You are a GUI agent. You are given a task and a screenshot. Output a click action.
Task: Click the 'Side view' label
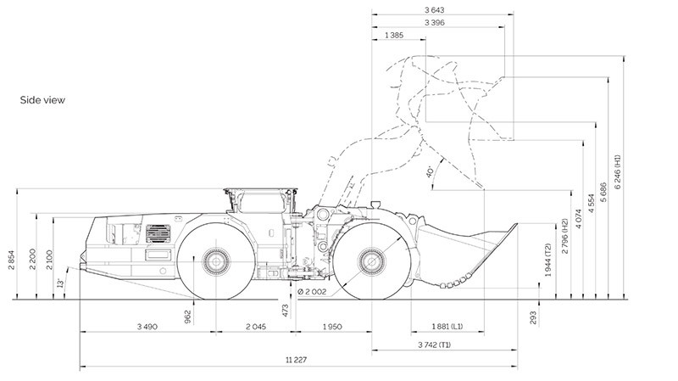pyautogui.click(x=42, y=100)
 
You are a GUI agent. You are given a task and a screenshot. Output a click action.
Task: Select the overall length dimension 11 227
pyautogui.click(x=296, y=360)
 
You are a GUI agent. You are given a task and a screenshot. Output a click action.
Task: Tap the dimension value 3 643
pyautogui.click(x=434, y=10)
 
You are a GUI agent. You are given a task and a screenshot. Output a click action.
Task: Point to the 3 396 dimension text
pyautogui.click(x=434, y=23)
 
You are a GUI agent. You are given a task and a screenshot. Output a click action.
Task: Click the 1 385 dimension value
pyautogui.click(x=394, y=36)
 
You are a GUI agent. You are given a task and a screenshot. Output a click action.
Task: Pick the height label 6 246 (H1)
pyautogui.click(x=617, y=171)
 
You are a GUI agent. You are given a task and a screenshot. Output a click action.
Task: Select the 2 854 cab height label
pyautogui.click(x=12, y=260)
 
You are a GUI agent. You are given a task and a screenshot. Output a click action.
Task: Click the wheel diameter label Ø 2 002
pyautogui.click(x=312, y=292)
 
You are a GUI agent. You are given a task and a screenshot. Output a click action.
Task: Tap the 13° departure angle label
pyautogui.click(x=61, y=283)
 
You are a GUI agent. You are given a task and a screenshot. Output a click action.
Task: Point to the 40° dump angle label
pyautogui.click(x=430, y=171)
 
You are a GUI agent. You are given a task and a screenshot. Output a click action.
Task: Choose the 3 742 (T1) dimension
pyautogui.click(x=434, y=345)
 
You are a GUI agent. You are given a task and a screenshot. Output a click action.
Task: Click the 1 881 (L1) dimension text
pyautogui.click(x=447, y=327)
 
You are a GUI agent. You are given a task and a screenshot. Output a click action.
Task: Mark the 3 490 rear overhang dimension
pyautogui.click(x=147, y=327)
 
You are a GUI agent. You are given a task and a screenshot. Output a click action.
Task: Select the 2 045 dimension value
pyautogui.click(x=256, y=327)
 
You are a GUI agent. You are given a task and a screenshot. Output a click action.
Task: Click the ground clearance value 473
pyautogui.click(x=285, y=311)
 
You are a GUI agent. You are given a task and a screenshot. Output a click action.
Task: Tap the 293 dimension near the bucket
pyautogui.click(x=533, y=317)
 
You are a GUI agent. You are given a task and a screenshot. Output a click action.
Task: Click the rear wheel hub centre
pyautogui.click(x=215, y=261)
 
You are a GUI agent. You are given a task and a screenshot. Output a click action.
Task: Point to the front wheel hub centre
pyautogui.click(x=371, y=261)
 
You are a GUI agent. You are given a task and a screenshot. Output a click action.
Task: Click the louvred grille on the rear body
pyautogui.click(x=158, y=233)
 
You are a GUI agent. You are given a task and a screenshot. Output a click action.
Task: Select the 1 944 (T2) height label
pyautogui.click(x=547, y=260)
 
